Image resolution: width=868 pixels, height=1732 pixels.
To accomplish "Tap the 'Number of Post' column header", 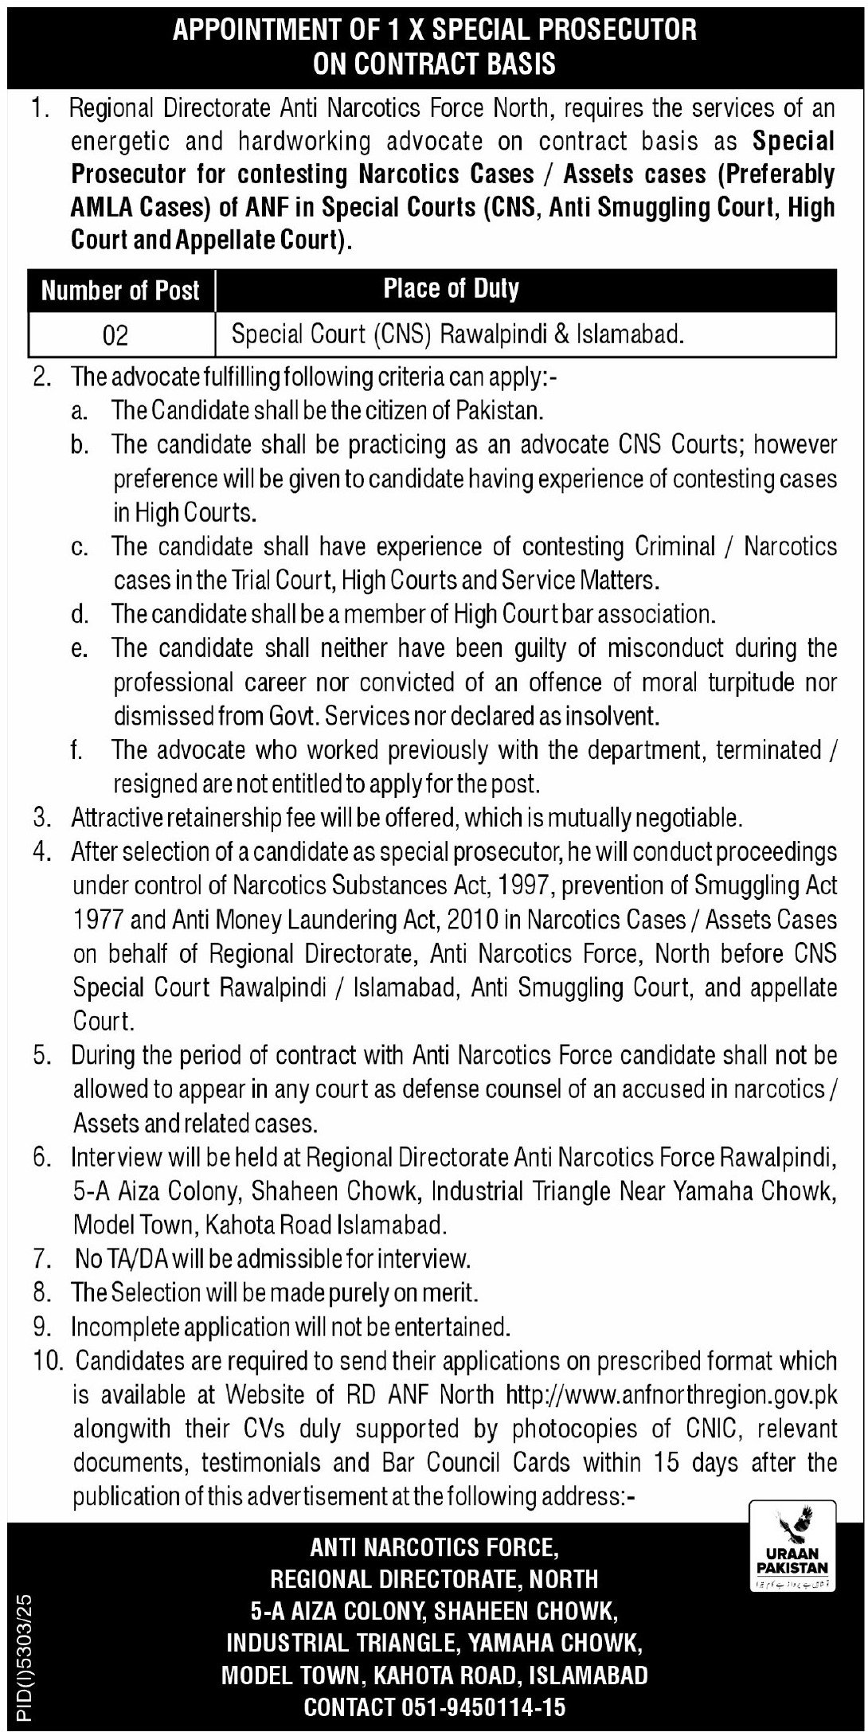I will click(x=120, y=291).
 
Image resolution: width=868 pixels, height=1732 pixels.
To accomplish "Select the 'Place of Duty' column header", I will click(x=451, y=288).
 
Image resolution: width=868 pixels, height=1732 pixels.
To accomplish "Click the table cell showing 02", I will click(x=115, y=336).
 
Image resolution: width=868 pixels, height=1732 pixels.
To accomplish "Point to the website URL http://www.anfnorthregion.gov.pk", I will click(x=672, y=1395).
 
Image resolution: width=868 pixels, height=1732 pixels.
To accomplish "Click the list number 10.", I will click(x=44, y=1361).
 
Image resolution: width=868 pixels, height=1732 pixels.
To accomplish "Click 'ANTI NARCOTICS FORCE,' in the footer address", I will click(x=435, y=1546).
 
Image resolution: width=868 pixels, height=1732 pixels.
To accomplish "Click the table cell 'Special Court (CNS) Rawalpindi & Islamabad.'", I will click(x=457, y=335).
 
